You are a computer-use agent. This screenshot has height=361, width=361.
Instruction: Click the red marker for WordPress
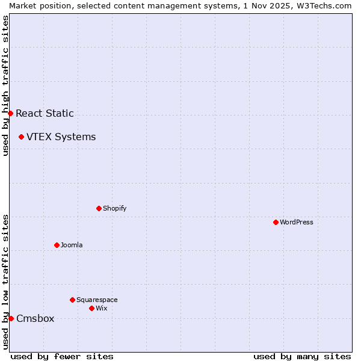coord(276,222)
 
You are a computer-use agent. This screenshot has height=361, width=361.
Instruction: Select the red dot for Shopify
coord(99,208)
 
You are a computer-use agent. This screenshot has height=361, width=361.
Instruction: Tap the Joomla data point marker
coord(57,245)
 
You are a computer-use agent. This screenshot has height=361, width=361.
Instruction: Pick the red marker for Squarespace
coord(72,300)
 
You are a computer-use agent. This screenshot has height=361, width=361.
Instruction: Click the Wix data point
coord(91,308)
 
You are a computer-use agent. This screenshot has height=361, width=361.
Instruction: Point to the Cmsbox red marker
coord(11,318)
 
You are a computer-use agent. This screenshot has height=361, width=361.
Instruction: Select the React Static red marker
coord(10,113)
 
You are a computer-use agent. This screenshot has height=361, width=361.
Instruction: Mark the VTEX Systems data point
coord(21,137)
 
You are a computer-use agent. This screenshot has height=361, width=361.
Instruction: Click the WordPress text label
coord(297,222)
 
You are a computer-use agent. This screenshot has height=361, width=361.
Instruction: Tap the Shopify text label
coord(114,208)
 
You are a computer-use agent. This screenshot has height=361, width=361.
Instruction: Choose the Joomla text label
coord(72,245)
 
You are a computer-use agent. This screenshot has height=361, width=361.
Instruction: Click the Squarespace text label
coord(97,300)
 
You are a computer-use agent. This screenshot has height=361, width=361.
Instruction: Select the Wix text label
coord(101,308)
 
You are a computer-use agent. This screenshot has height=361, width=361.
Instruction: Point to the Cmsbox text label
coord(35,318)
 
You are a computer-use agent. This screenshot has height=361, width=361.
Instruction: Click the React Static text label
coord(45,113)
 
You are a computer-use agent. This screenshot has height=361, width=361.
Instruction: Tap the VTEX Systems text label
coord(61,137)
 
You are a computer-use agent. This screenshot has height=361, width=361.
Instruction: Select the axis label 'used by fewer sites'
coord(62,356)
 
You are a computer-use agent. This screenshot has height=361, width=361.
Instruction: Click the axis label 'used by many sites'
coord(302,356)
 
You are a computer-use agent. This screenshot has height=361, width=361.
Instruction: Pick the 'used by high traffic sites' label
coord(5,85)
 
